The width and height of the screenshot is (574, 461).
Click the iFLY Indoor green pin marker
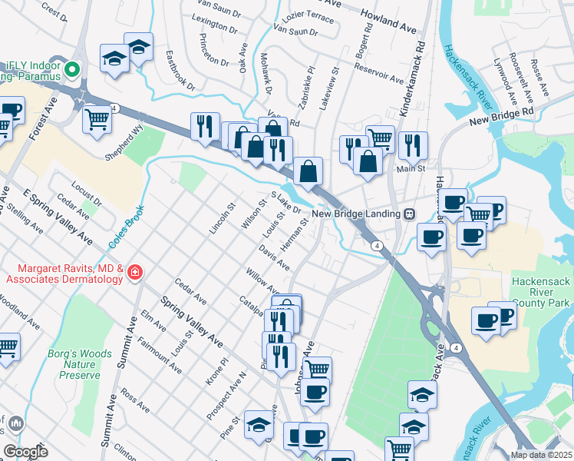point(73,69)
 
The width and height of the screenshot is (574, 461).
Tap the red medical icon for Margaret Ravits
point(134,271)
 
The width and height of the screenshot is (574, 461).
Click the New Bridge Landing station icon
point(410,214)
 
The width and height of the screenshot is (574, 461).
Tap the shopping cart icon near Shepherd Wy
point(97,119)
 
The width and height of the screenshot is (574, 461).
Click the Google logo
point(25,452)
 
